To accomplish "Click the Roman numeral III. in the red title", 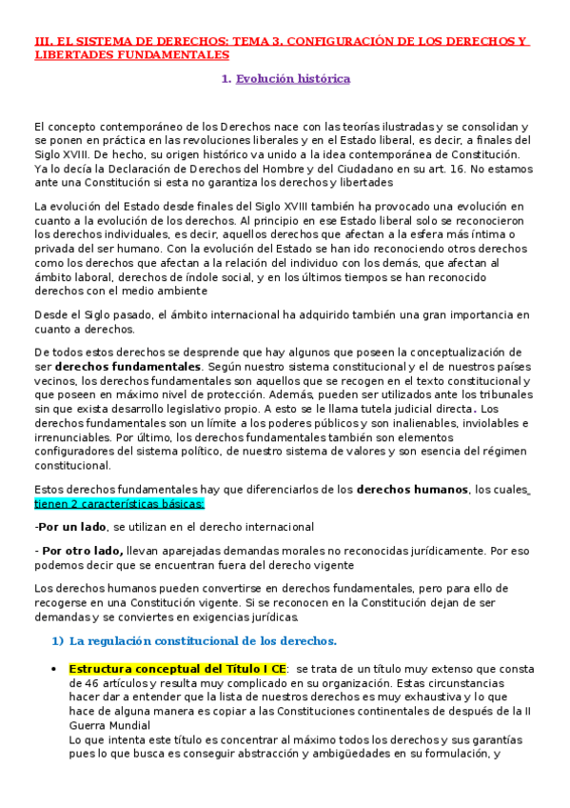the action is pyautogui.click(x=42, y=42).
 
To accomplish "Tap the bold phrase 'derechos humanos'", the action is pyautogui.click(x=412, y=489).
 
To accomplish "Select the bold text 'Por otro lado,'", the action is pyautogui.click(x=82, y=550).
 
